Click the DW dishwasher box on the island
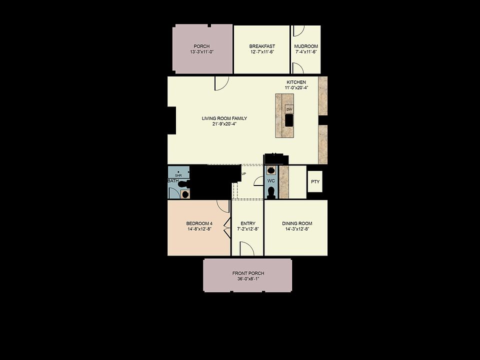point(289,109)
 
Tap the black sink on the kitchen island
point(289,120)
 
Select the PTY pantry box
point(315,181)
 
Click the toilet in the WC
point(271,192)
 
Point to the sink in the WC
point(271,170)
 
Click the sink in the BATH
point(185,194)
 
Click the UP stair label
point(243,174)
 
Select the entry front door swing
point(246,248)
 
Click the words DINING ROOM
point(297,223)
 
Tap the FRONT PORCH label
point(248,273)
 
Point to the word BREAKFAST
point(262,46)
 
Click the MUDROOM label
point(306,46)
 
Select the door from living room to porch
point(221,83)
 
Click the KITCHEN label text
point(296,82)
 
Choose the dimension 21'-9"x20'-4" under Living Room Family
point(224,124)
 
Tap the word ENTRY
point(248,223)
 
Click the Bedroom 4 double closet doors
point(227,228)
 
